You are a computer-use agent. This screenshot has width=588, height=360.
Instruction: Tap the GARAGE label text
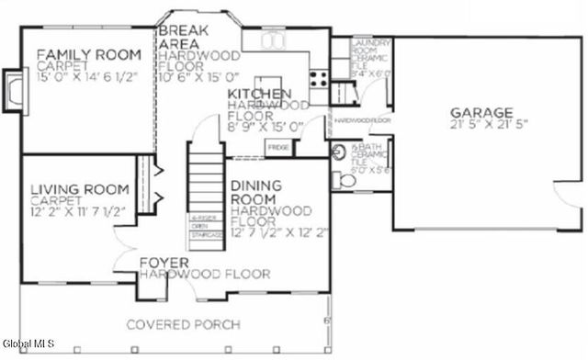(x=481, y=112)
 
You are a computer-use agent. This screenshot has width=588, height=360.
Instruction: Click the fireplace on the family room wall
(x=13, y=91)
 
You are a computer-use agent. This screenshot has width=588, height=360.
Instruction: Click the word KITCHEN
(x=260, y=95)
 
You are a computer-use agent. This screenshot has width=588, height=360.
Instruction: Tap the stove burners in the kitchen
(x=319, y=78)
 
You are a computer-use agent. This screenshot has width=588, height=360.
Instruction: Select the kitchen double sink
(x=273, y=40)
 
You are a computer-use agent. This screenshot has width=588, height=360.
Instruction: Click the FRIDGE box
(x=277, y=148)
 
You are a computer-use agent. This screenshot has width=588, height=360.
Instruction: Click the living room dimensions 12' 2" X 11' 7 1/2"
(x=77, y=211)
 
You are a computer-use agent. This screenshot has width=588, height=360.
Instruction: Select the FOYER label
(x=164, y=264)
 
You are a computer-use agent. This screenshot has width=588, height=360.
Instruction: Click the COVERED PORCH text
(x=183, y=324)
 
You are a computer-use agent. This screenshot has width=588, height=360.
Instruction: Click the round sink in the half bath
(x=337, y=152)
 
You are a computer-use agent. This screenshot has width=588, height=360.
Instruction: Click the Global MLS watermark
(x=28, y=343)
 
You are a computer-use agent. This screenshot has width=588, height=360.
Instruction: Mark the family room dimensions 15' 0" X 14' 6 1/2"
(x=87, y=79)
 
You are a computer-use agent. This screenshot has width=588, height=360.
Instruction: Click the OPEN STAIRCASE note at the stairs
(x=204, y=226)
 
